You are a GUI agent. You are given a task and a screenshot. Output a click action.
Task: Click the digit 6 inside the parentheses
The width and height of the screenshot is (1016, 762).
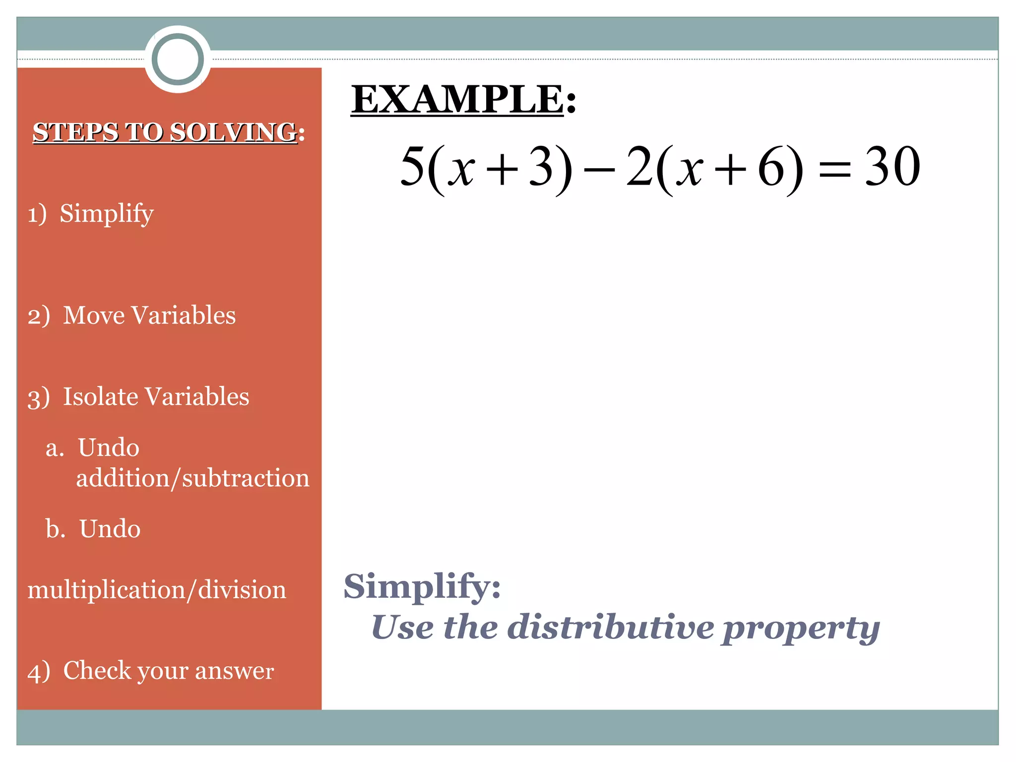pos(771,167)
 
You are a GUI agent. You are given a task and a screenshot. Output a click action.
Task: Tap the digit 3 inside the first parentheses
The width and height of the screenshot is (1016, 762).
pos(541,167)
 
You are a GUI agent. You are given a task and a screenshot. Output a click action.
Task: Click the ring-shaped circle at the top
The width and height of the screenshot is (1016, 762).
pos(178,59)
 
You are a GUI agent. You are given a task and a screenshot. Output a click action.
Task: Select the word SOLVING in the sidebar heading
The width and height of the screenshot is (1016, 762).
pos(233,132)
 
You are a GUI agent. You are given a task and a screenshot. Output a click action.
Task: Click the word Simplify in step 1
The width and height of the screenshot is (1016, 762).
pos(107,214)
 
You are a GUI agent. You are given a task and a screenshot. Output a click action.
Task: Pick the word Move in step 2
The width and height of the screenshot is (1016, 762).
pos(94,316)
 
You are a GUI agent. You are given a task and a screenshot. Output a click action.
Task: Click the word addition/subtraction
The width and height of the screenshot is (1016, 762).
pos(192,479)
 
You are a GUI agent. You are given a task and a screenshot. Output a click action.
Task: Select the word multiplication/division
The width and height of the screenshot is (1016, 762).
pos(157,590)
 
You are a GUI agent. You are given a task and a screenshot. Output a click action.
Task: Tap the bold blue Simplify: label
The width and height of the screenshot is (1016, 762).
pos(422,587)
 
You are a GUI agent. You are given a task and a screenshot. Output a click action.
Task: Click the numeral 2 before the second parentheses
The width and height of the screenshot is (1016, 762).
pos(639,167)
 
